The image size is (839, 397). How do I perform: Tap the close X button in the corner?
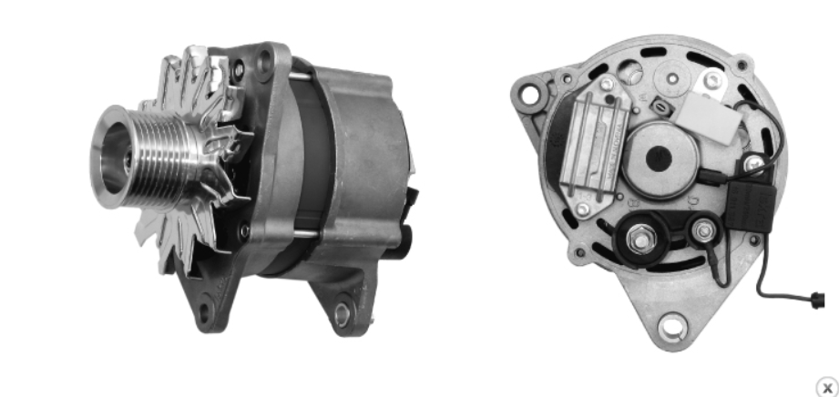[826, 387]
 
